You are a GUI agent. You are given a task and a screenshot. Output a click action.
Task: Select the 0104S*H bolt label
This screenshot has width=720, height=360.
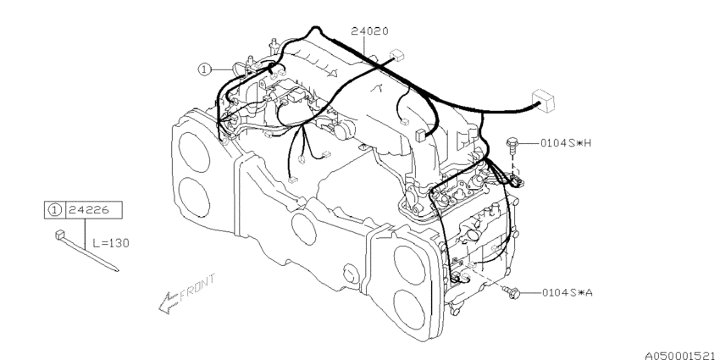coord(565,143)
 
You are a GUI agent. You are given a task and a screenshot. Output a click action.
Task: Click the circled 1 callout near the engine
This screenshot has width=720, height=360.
coord(204,69)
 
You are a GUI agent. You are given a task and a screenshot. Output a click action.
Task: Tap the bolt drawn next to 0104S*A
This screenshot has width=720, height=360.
coord(511,292)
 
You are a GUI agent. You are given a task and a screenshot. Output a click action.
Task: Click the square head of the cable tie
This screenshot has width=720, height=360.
coord(58,235)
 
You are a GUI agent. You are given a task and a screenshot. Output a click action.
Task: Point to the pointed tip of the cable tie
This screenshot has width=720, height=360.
coord(116,271)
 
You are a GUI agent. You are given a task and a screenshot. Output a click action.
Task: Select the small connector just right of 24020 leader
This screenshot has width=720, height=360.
coord(396,58)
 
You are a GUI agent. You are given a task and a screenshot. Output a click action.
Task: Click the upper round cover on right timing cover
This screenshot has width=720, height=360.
coord(417,253)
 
